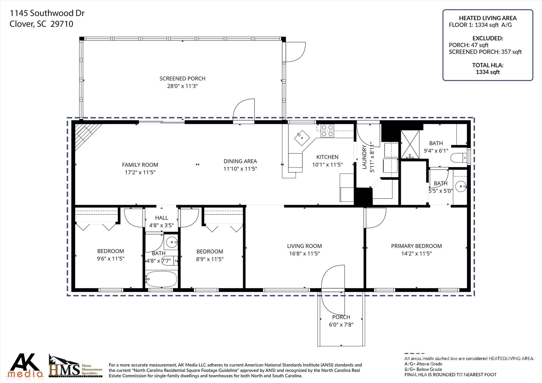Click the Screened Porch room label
point(182,79)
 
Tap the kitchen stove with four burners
point(327,131)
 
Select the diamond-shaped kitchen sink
point(302,138)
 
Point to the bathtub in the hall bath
point(161,279)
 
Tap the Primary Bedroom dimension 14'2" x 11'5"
point(416,254)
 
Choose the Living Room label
point(304,246)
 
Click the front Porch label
point(341,317)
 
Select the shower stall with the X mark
point(410,144)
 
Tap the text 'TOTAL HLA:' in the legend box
point(488,65)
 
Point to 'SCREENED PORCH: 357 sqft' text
point(485,52)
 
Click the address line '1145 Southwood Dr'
point(47,13)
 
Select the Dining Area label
point(240,161)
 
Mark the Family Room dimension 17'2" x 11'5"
point(140,172)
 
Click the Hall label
point(161,218)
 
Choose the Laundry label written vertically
point(364,157)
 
